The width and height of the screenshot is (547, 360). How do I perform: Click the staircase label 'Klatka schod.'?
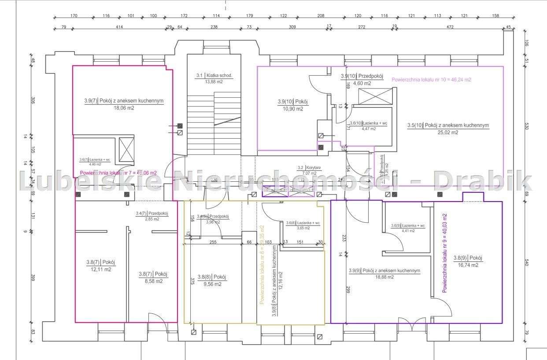point(218,76)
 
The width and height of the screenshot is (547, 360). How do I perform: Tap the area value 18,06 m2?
point(124,108)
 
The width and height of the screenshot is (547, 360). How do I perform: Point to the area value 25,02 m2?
point(448,132)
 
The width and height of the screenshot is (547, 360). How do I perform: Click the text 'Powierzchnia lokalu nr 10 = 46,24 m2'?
point(431,80)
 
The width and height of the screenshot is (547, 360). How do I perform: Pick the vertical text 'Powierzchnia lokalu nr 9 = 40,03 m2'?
point(445,253)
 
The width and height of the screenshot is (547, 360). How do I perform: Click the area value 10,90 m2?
point(292,109)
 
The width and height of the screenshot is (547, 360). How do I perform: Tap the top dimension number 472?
point(450,27)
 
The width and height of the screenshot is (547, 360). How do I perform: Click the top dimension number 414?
point(119,27)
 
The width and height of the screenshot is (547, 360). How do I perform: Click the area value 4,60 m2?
point(362,83)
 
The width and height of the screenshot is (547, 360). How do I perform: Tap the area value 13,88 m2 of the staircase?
point(214,82)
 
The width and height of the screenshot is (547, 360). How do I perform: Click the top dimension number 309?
point(292,27)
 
